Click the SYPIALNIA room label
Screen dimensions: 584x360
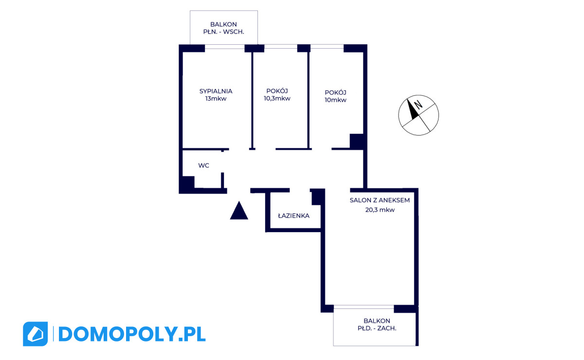[x=216, y=91]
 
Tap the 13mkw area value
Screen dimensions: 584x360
[x=216, y=99]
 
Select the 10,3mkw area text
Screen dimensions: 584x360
[x=277, y=99]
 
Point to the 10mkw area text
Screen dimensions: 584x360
[x=335, y=100]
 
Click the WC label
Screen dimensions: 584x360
[x=203, y=165]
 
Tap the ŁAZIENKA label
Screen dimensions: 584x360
[x=293, y=216]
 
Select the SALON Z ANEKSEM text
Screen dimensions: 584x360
[x=380, y=200]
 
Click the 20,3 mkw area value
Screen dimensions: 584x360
[x=380, y=210]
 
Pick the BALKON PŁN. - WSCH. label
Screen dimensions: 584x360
[x=224, y=28]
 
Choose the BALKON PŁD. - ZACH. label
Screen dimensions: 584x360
[x=377, y=324]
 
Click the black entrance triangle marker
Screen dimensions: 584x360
[x=239, y=211]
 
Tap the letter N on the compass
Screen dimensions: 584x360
[x=418, y=105]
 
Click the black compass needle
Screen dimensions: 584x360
[x=413, y=109]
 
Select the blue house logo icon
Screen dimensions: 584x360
[x=35, y=334]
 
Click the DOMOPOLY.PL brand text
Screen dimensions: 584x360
[x=132, y=334]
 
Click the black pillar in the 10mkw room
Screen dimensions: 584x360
[x=357, y=141]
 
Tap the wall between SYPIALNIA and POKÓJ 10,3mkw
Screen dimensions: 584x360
[x=252, y=100]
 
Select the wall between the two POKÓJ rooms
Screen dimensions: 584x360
[x=309, y=100]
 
